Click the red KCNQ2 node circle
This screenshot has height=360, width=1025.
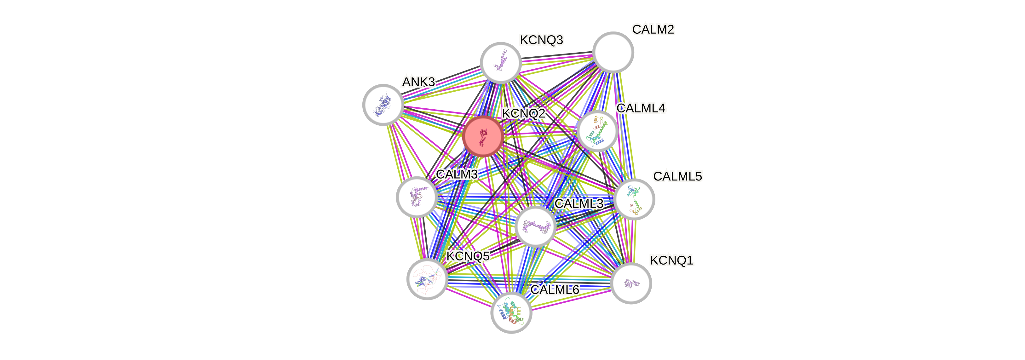point(483,136)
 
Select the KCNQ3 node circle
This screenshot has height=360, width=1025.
point(501,62)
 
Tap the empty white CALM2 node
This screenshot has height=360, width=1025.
point(613,52)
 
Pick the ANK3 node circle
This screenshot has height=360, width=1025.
point(383,104)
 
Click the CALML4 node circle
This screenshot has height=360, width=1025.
point(597,131)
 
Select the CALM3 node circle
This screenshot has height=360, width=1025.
point(417,197)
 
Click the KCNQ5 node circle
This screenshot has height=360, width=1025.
point(427,279)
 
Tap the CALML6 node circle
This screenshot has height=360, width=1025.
point(511,313)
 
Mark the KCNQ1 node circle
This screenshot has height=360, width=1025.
point(631,283)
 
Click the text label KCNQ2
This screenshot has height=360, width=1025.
point(523,113)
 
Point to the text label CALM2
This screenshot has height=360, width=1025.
point(653,29)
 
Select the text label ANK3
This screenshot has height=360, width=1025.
point(418,82)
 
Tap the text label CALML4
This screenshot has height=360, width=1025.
point(641,108)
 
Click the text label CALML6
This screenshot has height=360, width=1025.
point(555,289)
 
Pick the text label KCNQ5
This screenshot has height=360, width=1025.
point(468,256)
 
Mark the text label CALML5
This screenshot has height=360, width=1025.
point(677,176)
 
